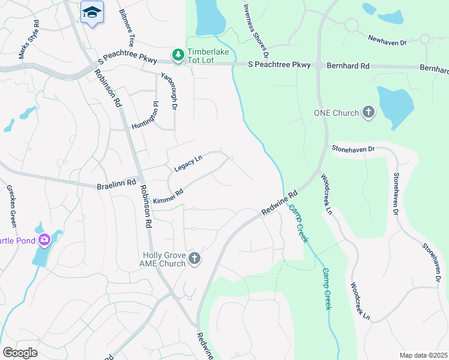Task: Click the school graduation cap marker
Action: pyautogui.click(x=92, y=13)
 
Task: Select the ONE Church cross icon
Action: pyautogui.click(x=369, y=112)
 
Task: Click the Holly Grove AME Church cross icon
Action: pyautogui.click(x=194, y=259)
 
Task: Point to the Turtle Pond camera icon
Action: pyautogui.click(x=44, y=241)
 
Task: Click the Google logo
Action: pyautogui.click(x=20, y=353)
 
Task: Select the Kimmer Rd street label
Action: pyautogui.click(x=167, y=196)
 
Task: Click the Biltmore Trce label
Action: pyautogui.click(x=127, y=28)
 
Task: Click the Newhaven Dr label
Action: pyautogui.click(x=387, y=43)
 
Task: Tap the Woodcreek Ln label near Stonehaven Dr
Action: pyautogui.click(x=326, y=193)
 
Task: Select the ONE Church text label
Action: pyautogui.click(x=336, y=112)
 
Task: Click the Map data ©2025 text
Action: pyautogui.click(x=423, y=355)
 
